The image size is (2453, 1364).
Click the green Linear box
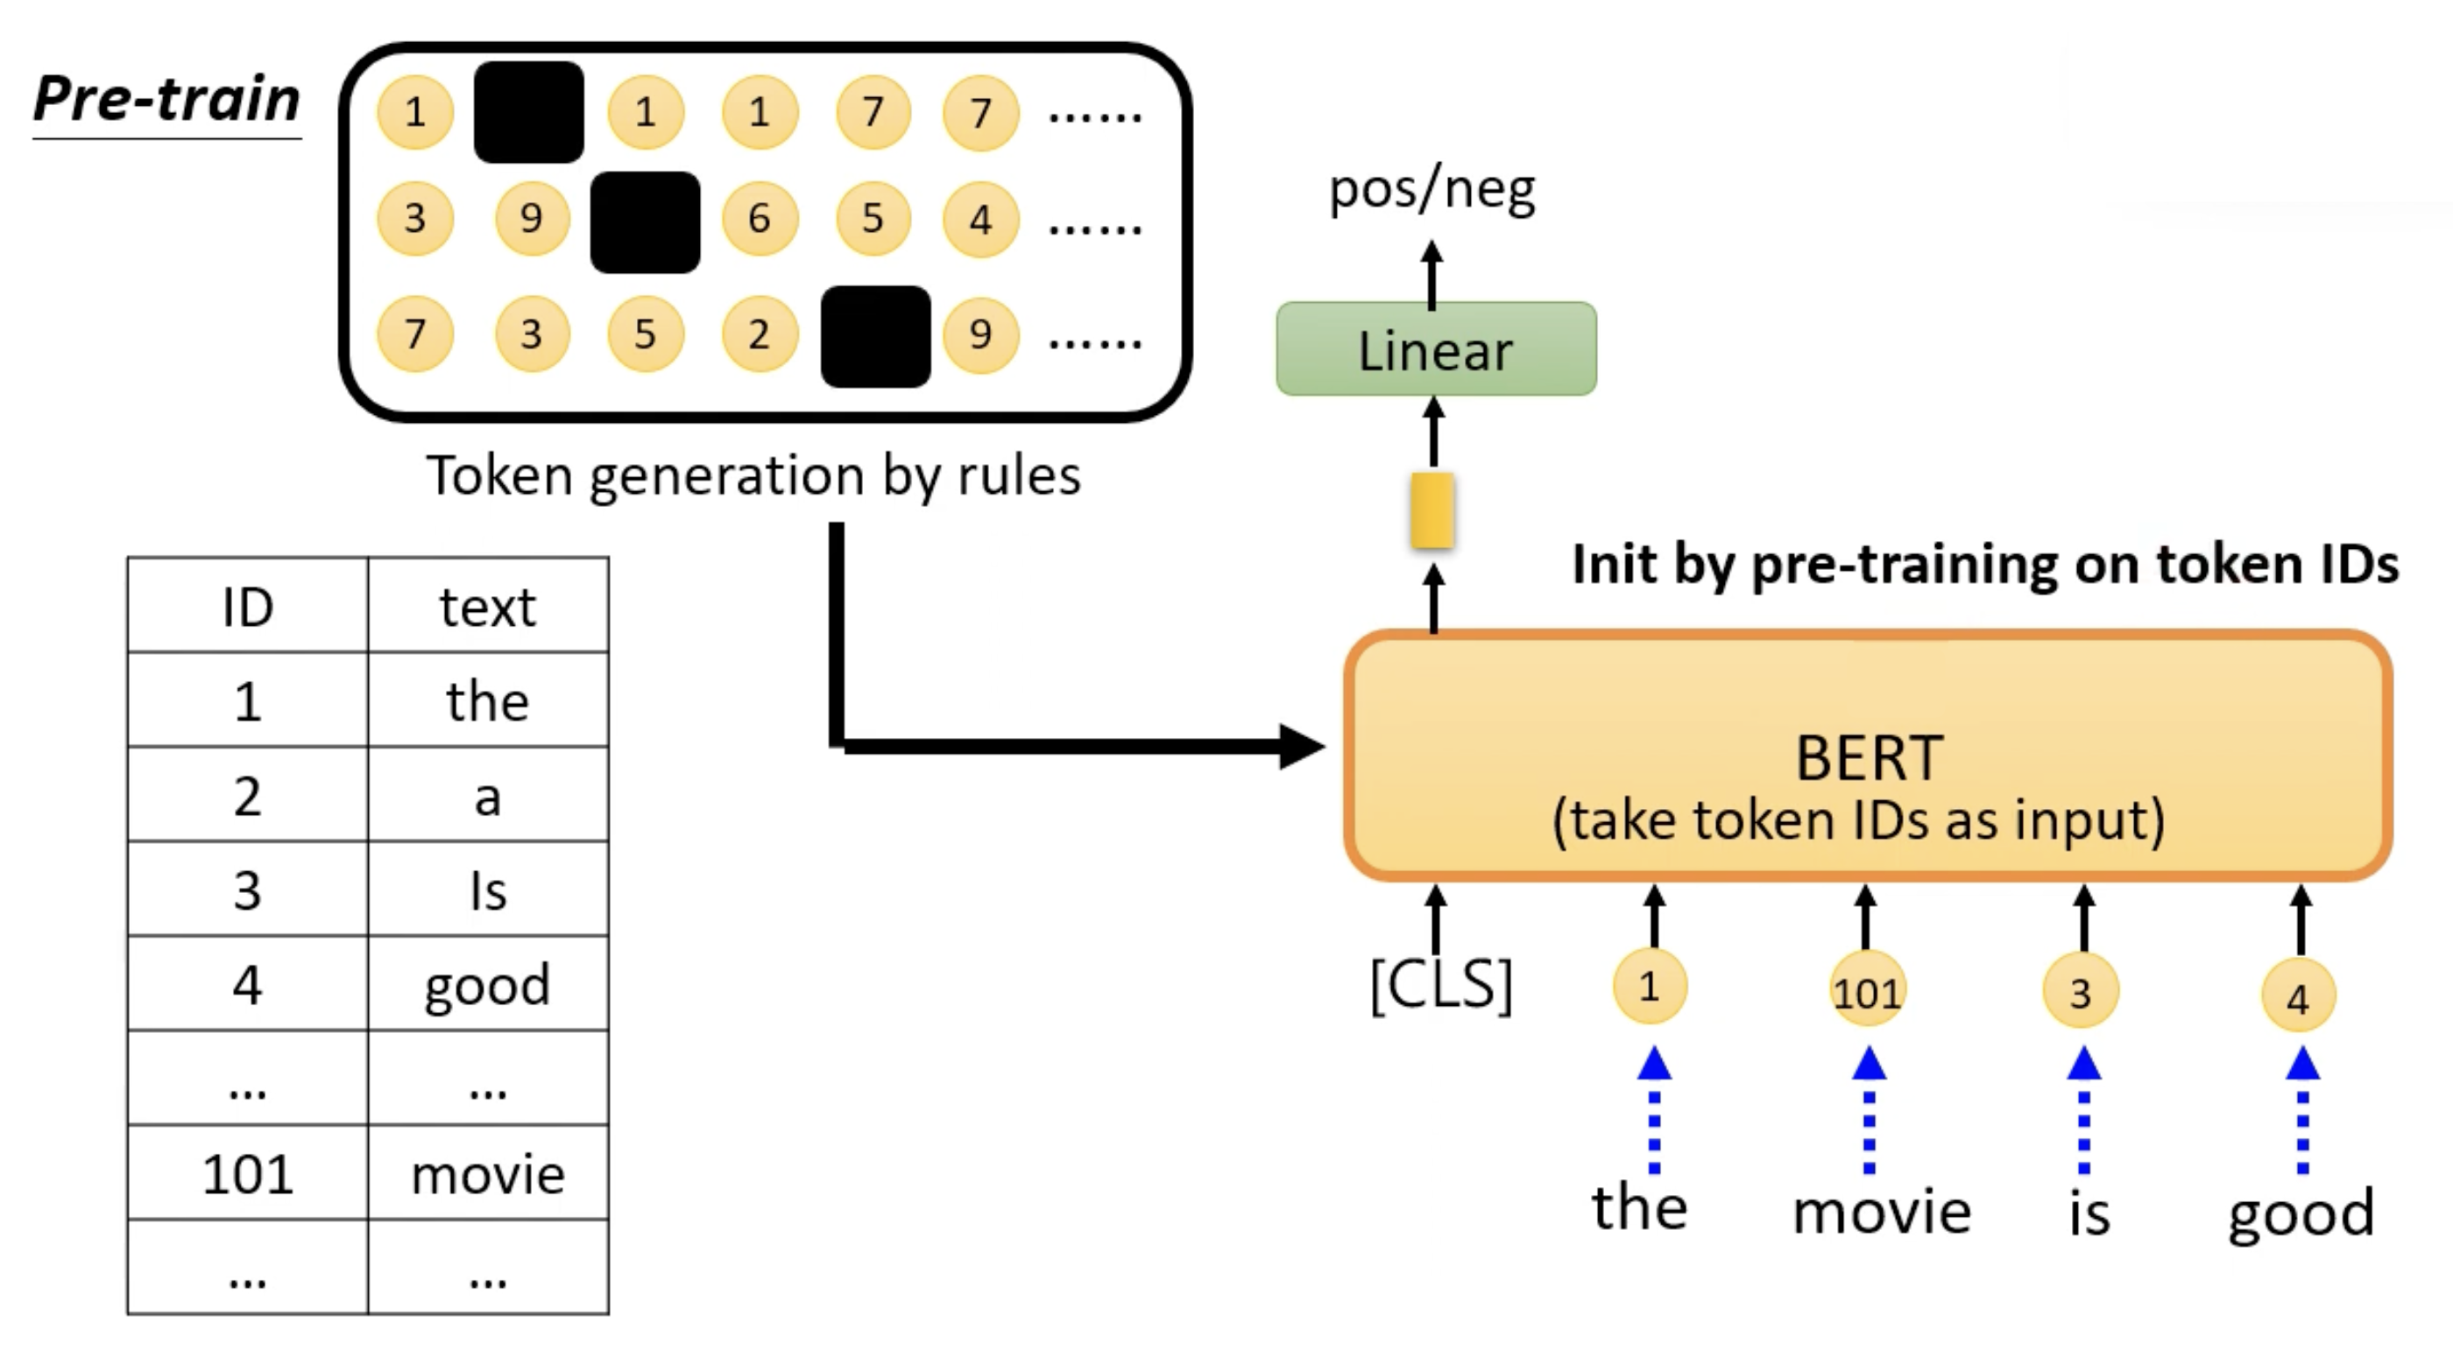click(1435, 349)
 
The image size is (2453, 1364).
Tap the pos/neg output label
click(1432, 190)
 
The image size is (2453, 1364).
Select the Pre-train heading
click(166, 99)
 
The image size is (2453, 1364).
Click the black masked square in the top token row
click(528, 112)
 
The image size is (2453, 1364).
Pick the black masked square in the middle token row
click(645, 221)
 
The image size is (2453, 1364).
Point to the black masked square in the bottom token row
click(875, 336)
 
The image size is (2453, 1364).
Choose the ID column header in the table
click(248, 607)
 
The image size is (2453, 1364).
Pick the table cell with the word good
click(488, 984)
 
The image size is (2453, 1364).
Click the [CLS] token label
click(1439, 985)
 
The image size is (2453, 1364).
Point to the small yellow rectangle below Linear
click(1432, 510)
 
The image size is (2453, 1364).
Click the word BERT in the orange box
click(1869, 759)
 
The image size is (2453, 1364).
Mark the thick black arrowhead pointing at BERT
click(1301, 746)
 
